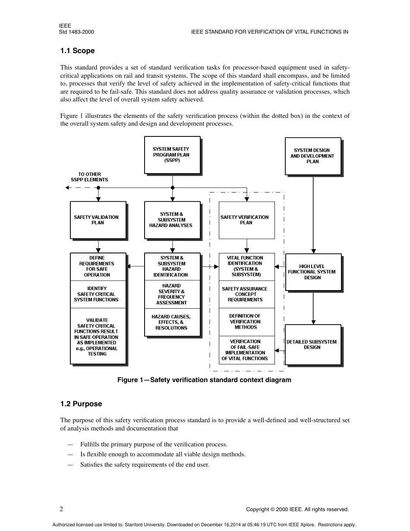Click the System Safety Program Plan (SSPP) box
coord(172,155)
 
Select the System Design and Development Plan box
coord(312,156)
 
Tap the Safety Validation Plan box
coord(98,220)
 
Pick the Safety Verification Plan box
coord(246,220)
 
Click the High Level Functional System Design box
coord(313,272)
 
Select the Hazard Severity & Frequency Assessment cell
coord(172,294)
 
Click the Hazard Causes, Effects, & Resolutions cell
coord(172,322)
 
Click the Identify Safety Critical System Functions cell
coord(98,294)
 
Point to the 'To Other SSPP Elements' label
coord(90,177)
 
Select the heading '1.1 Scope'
coord(77,51)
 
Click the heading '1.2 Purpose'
coord(81,404)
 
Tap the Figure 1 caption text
coord(204,380)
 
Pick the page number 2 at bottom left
coord(61,509)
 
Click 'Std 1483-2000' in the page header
coord(76,32)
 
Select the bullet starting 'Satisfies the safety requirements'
coord(145,465)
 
